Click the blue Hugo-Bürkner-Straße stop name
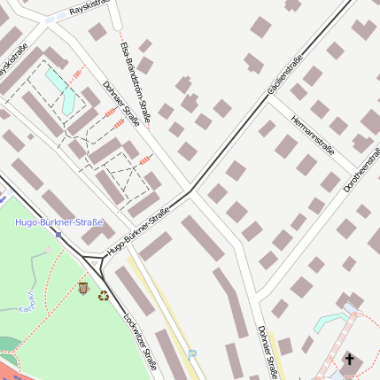[59, 222]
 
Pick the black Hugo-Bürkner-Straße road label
[138, 233]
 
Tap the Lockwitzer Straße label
[141, 340]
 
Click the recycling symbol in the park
[103, 296]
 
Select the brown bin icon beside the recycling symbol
[84, 288]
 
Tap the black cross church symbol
[349, 359]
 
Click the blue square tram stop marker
[58, 235]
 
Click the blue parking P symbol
[192, 353]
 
